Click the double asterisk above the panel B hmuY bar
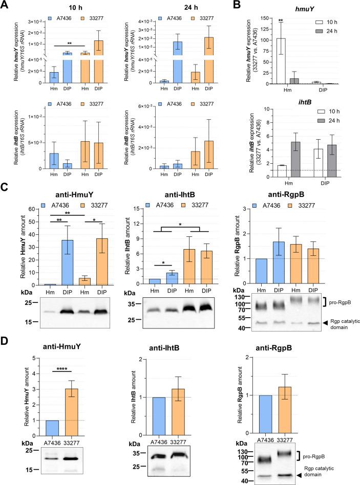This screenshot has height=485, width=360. click(281, 20)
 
